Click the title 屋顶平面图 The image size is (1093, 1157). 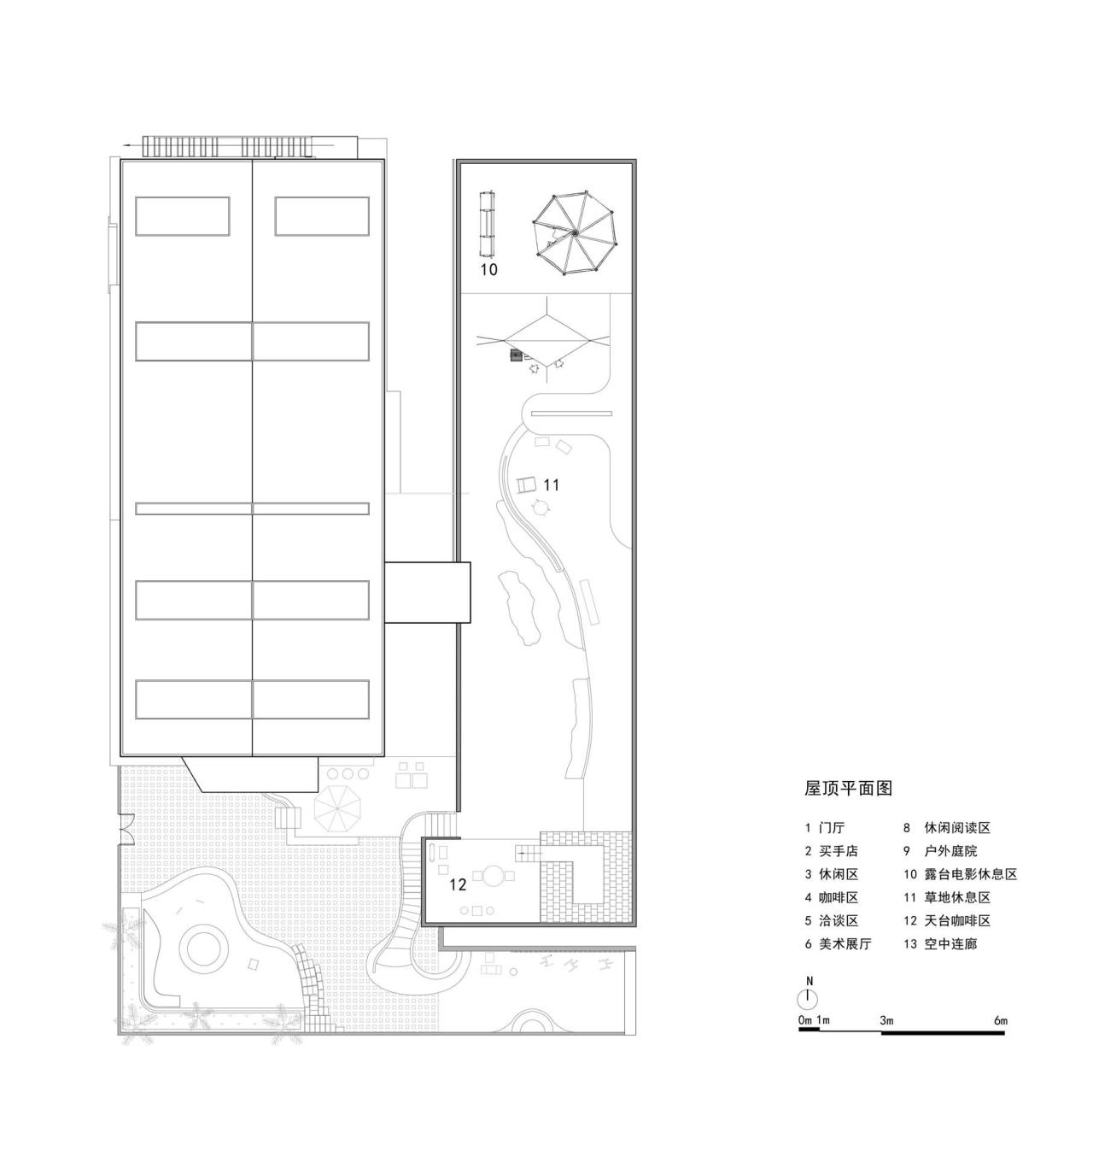point(848,789)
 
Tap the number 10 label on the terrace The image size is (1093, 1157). point(488,270)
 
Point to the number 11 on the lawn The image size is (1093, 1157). point(551,485)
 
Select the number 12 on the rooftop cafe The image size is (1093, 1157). point(458,884)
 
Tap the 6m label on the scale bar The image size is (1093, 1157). point(1000,1020)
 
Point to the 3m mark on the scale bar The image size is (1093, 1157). point(886,1020)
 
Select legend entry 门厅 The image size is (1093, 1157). point(831,828)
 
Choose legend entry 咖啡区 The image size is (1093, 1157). point(838,897)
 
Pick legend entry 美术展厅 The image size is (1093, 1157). point(845,944)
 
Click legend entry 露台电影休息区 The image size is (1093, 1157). point(970,874)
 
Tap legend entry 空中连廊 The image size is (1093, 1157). point(950,944)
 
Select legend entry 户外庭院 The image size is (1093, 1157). point(950,851)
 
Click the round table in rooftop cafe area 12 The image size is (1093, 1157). point(494,876)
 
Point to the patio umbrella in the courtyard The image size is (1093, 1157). point(337,808)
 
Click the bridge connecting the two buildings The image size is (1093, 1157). point(427,591)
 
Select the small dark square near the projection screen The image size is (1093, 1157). point(516,355)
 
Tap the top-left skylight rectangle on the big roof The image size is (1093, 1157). point(182,216)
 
